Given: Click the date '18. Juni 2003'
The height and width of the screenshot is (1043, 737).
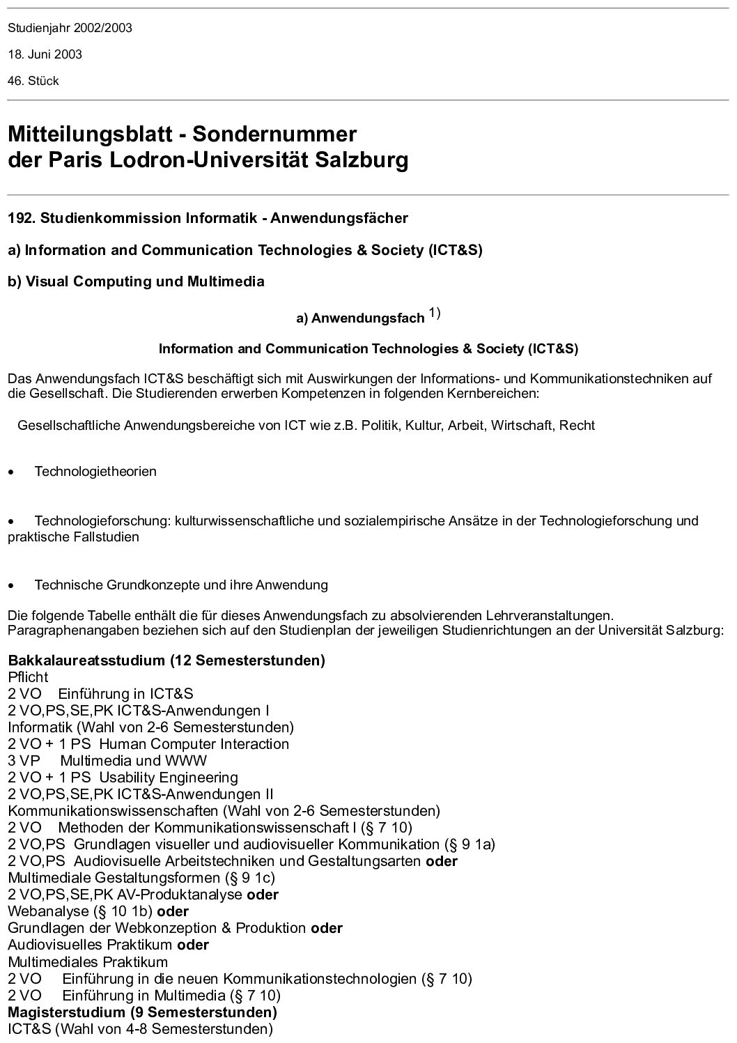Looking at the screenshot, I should pyautogui.click(x=45, y=54).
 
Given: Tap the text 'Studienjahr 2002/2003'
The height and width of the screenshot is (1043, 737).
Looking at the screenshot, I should pyautogui.click(x=70, y=28).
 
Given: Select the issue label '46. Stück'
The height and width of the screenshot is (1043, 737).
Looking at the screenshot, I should pyautogui.click(x=33, y=81).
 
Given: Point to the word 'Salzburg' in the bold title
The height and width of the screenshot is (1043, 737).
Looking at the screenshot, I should pyautogui.click(x=362, y=160).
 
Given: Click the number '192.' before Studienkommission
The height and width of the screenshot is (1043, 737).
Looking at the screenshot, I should pyautogui.click(x=22, y=218).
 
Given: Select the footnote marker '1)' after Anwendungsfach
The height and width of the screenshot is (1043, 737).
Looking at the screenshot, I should pyautogui.click(x=434, y=314).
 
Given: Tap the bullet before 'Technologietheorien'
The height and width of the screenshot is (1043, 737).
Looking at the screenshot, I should pyautogui.click(x=10, y=472).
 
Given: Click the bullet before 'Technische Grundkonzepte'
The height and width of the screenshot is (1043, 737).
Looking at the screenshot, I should pyautogui.click(x=10, y=585).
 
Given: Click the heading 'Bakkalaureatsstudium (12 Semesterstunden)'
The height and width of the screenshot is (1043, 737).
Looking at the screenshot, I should pyautogui.click(x=166, y=660).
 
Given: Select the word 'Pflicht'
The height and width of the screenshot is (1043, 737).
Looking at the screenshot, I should pyautogui.click(x=29, y=677).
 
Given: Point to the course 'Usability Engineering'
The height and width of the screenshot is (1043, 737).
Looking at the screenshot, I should pyautogui.click(x=168, y=778).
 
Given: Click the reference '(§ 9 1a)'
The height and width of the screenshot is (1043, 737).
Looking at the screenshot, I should pyautogui.click(x=470, y=844).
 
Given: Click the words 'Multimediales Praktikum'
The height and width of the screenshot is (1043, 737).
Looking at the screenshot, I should pyautogui.click(x=88, y=961).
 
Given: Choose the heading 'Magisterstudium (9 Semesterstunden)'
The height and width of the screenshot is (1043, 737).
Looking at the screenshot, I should pyautogui.click(x=142, y=1012).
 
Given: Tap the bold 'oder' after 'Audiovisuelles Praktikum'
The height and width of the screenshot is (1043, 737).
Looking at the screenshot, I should pyautogui.click(x=193, y=945).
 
